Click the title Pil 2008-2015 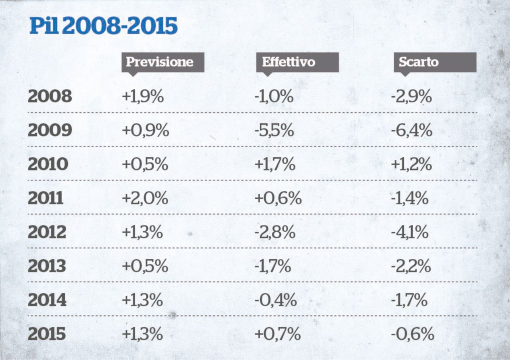tap(104, 26)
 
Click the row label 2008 tap(50, 97)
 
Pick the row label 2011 tap(46, 198)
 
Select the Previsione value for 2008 tap(143, 97)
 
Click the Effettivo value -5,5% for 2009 tap(274, 131)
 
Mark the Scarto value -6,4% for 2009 tap(412, 131)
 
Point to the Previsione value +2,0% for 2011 tap(145, 198)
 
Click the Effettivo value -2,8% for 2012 tap(275, 232)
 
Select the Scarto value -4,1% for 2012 tap(410, 232)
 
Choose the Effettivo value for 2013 tap(273, 266)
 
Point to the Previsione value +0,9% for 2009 tap(145, 131)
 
